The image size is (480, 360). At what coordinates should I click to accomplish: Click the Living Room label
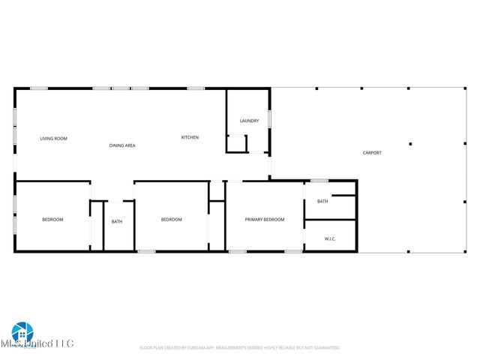click(53, 139)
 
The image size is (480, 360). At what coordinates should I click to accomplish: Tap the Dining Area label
click(122, 145)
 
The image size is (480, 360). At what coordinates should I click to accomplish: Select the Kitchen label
click(190, 137)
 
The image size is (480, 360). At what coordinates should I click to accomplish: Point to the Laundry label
click(249, 121)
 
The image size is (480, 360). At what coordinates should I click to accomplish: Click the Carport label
click(372, 153)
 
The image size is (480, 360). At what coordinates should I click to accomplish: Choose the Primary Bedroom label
click(265, 220)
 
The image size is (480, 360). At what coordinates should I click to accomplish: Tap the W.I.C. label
click(330, 239)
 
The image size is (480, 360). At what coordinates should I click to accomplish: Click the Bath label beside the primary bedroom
click(322, 201)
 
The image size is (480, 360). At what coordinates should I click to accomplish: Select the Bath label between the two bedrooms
click(117, 221)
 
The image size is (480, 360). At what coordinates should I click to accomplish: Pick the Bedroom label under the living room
click(52, 220)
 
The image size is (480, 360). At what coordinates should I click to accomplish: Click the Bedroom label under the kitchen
click(172, 220)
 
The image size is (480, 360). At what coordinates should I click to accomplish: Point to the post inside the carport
click(410, 143)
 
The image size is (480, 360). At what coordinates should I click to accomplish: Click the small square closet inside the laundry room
click(236, 143)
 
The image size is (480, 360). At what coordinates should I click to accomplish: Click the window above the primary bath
click(319, 180)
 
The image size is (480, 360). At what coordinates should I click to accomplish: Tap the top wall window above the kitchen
click(196, 88)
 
